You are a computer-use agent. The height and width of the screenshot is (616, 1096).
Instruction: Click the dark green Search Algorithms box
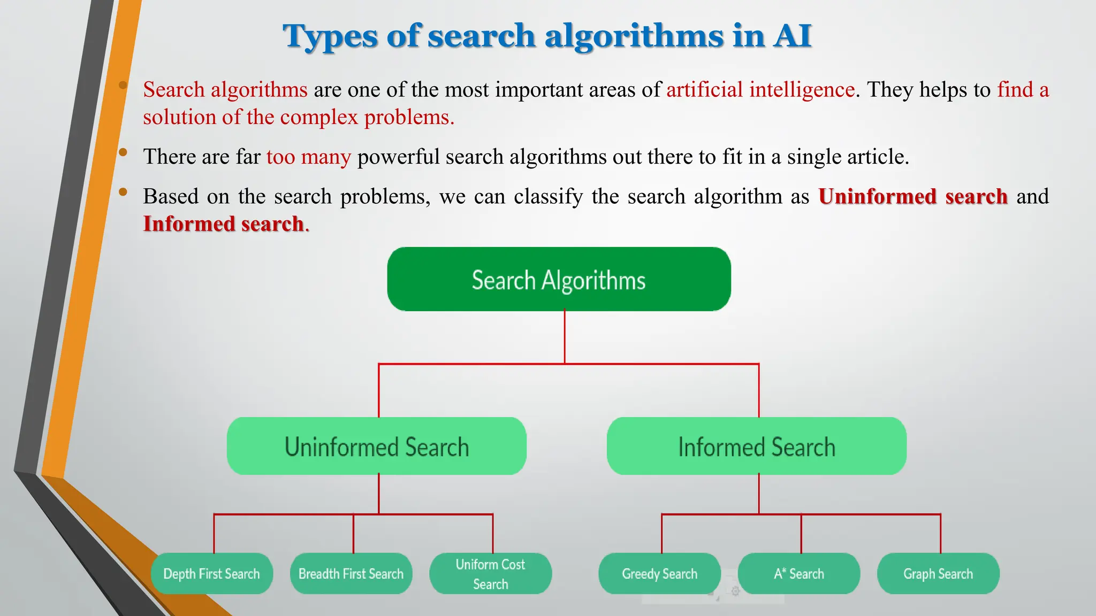click(559, 279)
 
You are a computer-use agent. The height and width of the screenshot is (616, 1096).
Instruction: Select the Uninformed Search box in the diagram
click(376, 446)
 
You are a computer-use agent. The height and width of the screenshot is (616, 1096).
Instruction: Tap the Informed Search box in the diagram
click(756, 446)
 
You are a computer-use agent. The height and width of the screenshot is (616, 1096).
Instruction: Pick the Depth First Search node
click(211, 574)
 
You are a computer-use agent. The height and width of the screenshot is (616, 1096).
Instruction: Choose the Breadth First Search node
click(351, 574)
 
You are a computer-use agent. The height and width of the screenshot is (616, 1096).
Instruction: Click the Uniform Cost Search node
click(490, 574)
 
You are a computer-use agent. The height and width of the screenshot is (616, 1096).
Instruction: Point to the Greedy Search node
click(659, 574)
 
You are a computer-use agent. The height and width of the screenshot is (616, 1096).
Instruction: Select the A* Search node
click(798, 574)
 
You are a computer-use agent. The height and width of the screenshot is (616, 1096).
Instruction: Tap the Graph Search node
click(938, 574)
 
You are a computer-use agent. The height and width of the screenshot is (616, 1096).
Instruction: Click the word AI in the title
click(791, 36)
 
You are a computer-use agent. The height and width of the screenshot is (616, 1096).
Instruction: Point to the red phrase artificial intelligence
click(760, 89)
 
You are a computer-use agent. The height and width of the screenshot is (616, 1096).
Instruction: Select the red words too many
click(309, 157)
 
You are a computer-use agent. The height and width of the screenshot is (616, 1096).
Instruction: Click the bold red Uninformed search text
click(913, 196)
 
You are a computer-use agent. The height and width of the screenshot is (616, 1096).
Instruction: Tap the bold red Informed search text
click(224, 224)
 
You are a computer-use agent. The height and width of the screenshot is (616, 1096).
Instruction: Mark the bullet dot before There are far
click(123, 152)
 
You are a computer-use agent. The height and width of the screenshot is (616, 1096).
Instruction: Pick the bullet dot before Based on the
click(123, 192)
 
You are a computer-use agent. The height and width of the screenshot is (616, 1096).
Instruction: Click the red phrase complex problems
click(367, 117)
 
